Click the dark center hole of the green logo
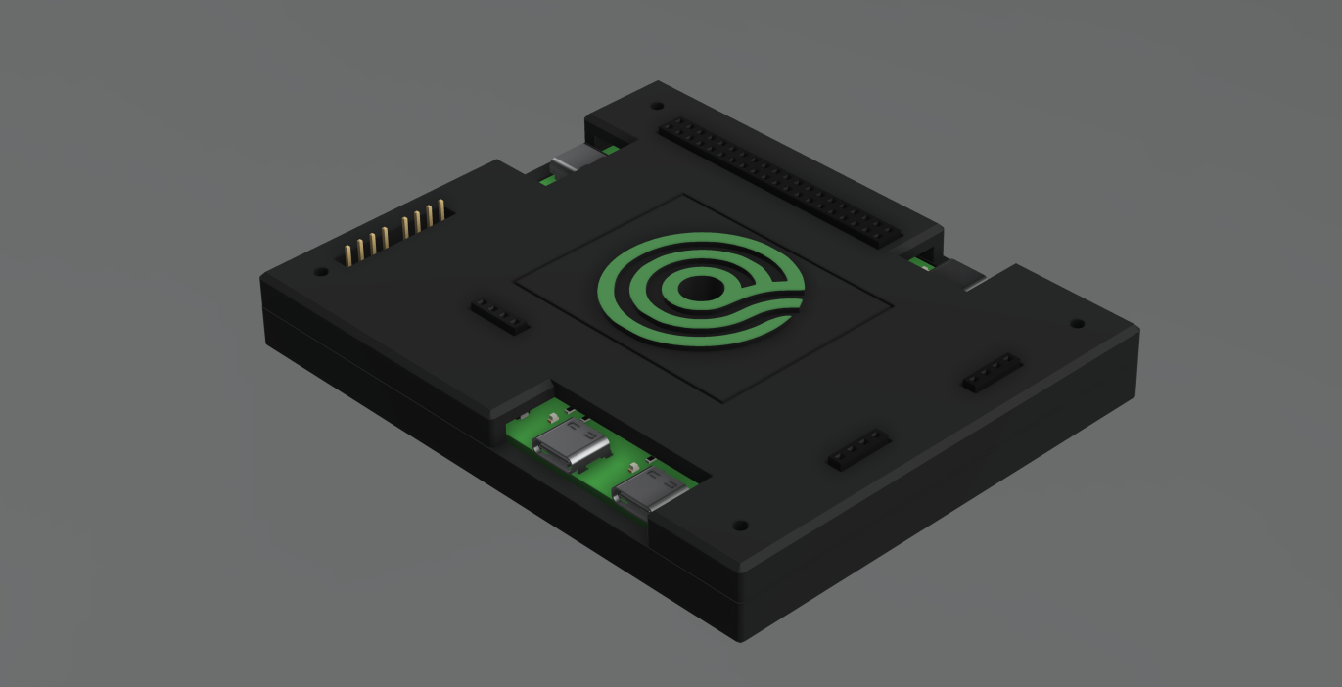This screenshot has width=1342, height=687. (698, 289)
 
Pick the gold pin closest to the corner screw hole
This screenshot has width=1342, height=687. (347, 256)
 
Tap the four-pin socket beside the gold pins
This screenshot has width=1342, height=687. (500, 316)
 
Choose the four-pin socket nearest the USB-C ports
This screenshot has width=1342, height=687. (858, 448)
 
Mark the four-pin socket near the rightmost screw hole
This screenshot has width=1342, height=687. (993, 373)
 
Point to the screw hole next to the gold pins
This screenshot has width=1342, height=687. (321, 273)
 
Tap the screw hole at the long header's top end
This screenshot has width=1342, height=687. (657, 106)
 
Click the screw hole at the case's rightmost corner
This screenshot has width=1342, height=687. (1077, 323)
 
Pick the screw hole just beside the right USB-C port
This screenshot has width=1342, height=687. (740, 526)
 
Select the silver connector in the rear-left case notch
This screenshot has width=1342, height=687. (568, 160)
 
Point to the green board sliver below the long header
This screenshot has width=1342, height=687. (920, 262)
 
